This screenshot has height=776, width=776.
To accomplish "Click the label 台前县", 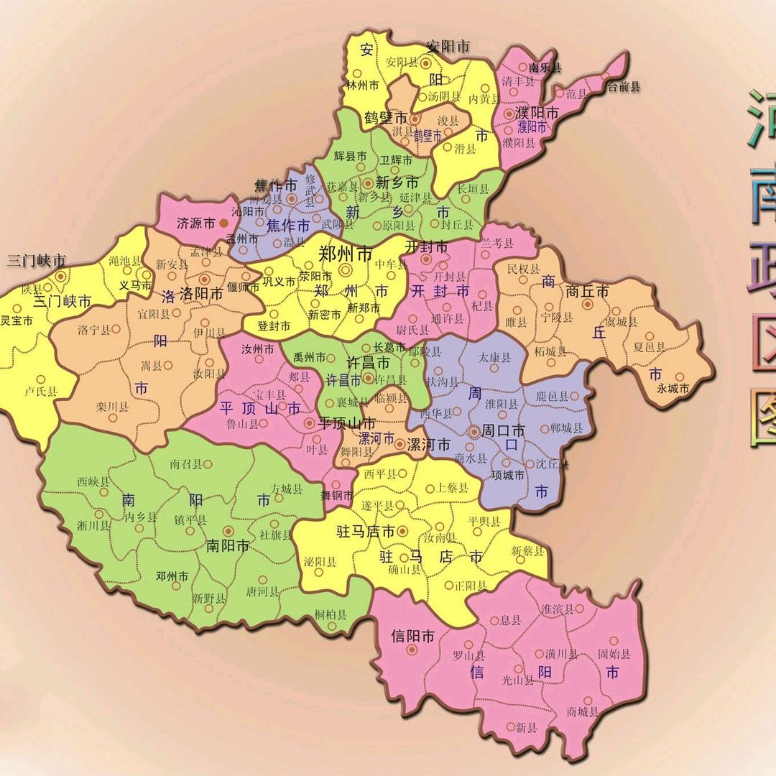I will pyautogui.click(x=624, y=87).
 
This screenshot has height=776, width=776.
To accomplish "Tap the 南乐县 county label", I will pyautogui.click(x=545, y=68).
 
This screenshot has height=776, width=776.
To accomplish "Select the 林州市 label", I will pyautogui.click(x=362, y=85).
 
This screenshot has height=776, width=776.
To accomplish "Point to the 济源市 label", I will pyautogui.click(x=195, y=223).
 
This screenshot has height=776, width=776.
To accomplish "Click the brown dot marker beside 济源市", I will pyautogui.click(x=223, y=224).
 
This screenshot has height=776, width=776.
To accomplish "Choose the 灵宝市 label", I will pyautogui.click(x=17, y=320).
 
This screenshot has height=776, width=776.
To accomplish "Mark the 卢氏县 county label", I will pyautogui.click(x=40, y=392).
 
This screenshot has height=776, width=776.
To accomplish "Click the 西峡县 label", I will pyautogui.click(x=93, y=481).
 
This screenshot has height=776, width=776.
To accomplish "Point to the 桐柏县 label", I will pyautogui.click(x=331, y=615).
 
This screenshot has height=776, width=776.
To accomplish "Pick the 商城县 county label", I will pyautogui.click(x=583, y=712).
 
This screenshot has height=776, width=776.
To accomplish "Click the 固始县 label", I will pyautogui.click(x=614, y=655).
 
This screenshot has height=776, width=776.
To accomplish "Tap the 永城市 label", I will pyautogui.click(x=673, y=389).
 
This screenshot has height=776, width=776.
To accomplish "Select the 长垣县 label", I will pyautogui.click(x=473, y=189).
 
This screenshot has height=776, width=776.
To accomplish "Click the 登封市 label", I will pyautogui.click(x=274, y=325).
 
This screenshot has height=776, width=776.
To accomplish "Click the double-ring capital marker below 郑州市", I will pyautogui.click(x=346, y=270).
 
